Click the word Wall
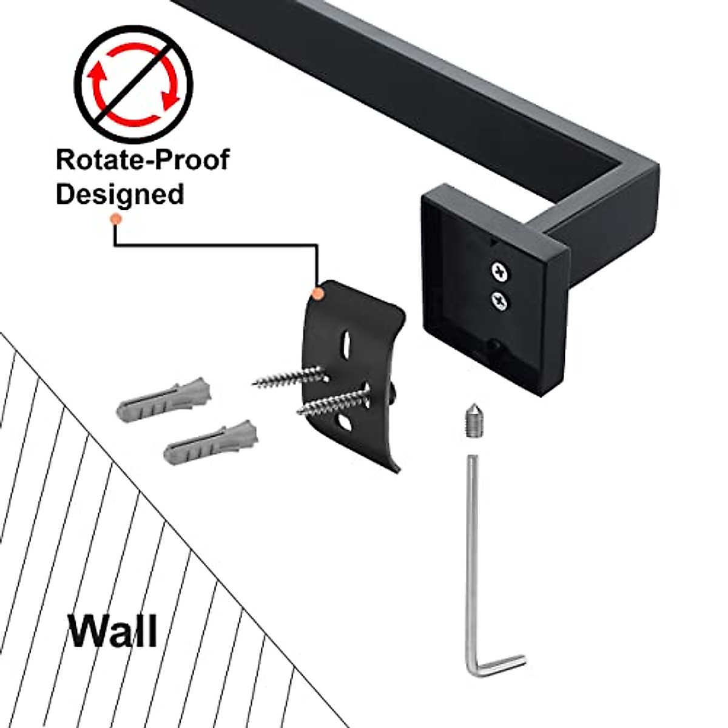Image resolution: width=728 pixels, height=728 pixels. coord(113,631)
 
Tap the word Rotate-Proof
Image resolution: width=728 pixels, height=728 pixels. coord(143,160)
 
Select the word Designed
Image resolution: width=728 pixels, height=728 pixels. coord(120,194)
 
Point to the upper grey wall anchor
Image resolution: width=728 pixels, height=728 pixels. coord(164,400)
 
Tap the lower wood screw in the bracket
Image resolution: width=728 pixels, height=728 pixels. coord(334,401)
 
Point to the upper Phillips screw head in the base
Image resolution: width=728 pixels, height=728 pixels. coord(500,271)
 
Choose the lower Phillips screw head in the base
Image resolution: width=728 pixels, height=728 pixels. coord(500,300)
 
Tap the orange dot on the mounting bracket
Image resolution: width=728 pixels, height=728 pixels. coord(317,294)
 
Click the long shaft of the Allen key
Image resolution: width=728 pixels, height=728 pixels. coord(473,546)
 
